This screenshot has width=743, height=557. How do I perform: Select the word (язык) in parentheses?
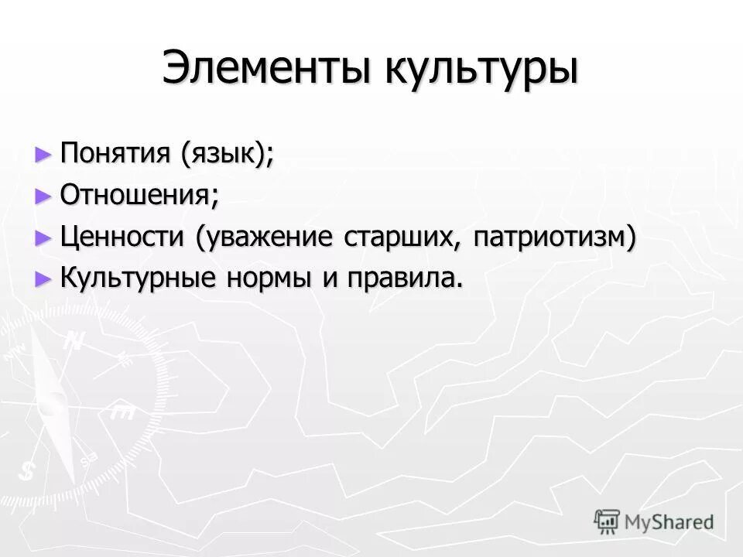226,153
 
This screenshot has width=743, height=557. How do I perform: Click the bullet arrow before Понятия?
43,153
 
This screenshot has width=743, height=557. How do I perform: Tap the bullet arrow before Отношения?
43,195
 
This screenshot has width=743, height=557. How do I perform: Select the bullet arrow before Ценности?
43,237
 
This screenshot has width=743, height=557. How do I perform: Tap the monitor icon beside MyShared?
607,521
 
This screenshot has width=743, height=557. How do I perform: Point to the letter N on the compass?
74,341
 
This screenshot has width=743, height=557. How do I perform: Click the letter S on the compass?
29,470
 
